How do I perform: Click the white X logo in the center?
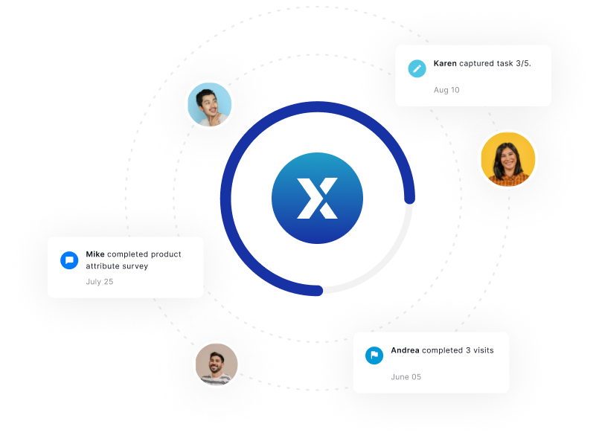coord(317,198)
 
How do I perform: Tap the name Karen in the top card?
coord(445,63)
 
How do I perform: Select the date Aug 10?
coord(446,90)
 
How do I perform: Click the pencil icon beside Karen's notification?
coord(417,68)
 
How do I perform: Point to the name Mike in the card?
coord(95,254)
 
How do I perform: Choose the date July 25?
coord(100,282)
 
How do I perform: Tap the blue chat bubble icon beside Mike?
coord(69,260)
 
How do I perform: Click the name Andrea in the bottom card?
coord(405,350)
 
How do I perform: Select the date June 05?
coord(406,377)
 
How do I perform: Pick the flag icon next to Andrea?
coord(374,355)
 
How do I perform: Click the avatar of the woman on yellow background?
coord(508,159)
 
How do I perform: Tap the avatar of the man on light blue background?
coord(210,105)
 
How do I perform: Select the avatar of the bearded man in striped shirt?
coord(217,364)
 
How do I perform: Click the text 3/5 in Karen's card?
coord(523,63)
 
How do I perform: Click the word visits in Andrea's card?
coord(484,350)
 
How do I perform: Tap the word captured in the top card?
coord(476,64)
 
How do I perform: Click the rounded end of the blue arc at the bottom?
coord(318,291)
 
